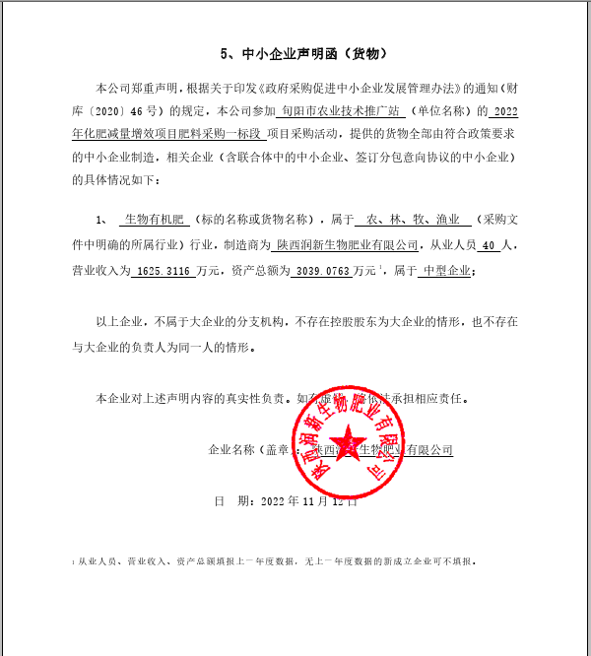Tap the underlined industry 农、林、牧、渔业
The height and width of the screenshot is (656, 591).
[x=411, y=219]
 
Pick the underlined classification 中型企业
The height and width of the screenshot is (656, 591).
[x=445, y=269]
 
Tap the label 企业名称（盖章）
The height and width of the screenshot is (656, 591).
[x=246, y=449]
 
